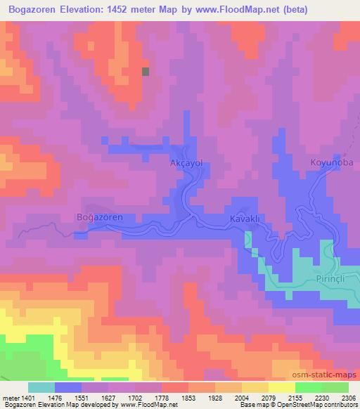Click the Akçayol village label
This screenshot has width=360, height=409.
(186, 162)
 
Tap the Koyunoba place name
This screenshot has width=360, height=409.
(328, 162)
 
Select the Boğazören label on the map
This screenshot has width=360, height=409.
(99, 217)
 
